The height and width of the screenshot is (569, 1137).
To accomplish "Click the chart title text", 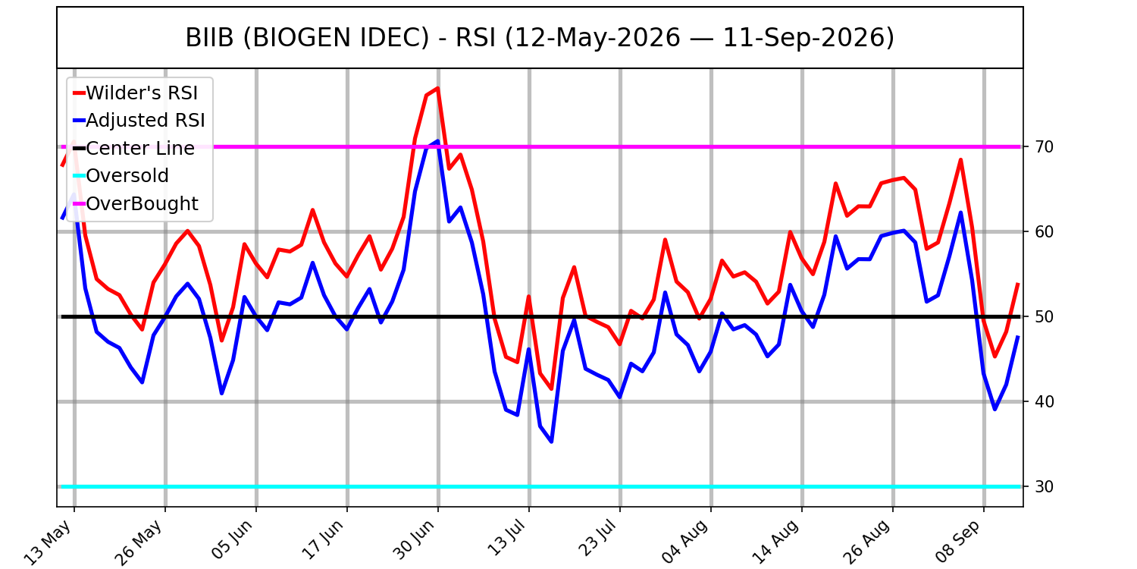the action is tap(540, 38).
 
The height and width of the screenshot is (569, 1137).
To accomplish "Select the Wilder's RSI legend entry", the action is tap(136, 93).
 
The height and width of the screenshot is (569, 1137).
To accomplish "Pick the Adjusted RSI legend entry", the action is tap(139, 121).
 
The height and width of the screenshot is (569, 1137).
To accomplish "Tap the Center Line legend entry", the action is tap(134, 149).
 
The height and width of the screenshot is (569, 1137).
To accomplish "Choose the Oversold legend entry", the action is tap(121, 176).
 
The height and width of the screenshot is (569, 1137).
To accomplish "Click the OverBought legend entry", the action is tap(136, 204).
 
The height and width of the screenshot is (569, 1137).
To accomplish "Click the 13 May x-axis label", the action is tap(49, 542).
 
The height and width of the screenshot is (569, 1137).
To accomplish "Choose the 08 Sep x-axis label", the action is tap(958, 542).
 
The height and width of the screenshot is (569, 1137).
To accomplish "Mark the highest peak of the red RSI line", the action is tap(437, 89).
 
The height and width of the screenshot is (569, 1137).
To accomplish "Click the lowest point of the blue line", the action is tap(551, 442).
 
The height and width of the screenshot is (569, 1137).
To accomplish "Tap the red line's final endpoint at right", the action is tap(1018, 283).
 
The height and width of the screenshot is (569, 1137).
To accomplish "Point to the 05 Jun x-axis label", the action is tap(232, 540).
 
